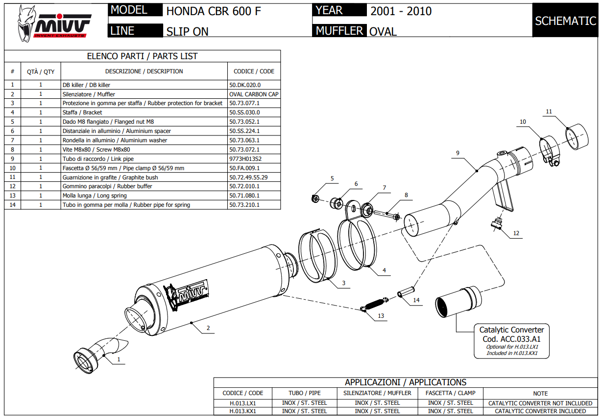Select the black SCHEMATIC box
(565, 21)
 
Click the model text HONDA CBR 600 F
(214, 11)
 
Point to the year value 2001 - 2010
(401, 11)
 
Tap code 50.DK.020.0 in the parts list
(245, 85)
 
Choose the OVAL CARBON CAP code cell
(254, 94)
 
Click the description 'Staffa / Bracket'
(82, 112)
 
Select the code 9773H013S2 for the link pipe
(245, 159)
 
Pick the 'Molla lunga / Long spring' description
(95, 196)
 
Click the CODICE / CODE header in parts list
(254, 71)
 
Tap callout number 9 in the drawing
(458, 153)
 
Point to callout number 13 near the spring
(381, 316)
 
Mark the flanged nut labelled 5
(316, 199)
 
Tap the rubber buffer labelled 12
(497, 224)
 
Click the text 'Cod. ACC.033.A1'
(511, 339)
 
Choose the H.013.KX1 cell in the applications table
(242, 411)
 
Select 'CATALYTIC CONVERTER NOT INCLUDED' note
(540, 403)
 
